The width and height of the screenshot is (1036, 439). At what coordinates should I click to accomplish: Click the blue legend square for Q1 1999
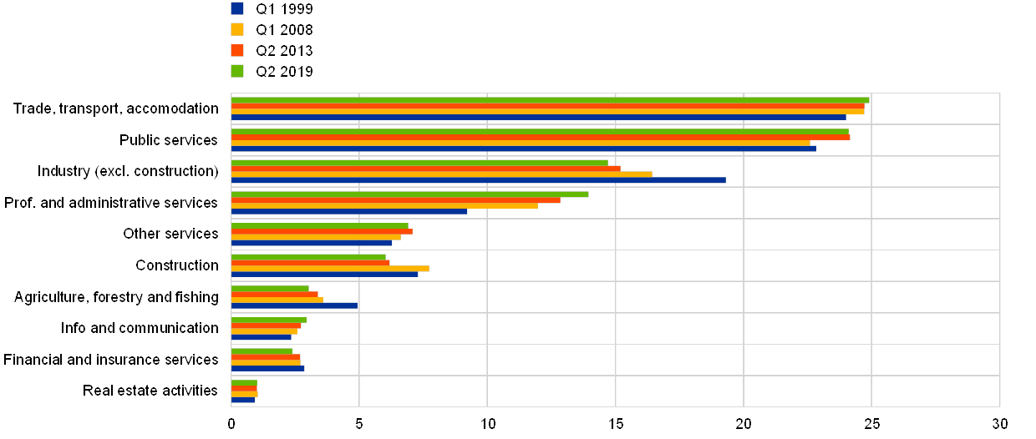(237, 8)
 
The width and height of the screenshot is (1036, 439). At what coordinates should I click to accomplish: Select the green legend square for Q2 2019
(237, 71)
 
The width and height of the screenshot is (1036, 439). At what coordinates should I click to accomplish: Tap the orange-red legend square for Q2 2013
(237, 50)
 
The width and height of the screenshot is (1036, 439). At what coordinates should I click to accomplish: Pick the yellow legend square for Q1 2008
(237, 29)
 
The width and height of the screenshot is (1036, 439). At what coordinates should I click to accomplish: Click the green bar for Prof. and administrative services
(409, 194)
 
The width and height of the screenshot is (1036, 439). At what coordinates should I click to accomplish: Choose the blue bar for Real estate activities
(243, 400)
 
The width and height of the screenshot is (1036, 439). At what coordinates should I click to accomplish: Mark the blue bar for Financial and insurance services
(267, 368)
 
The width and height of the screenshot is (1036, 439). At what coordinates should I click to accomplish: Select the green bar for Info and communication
(268, 320)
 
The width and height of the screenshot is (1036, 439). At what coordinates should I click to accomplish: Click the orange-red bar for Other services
(322, 231)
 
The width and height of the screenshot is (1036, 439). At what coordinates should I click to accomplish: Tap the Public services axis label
(171, 140)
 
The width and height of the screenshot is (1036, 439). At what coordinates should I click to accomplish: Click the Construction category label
(177, 265)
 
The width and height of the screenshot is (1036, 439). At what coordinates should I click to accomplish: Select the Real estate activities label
(152, 391)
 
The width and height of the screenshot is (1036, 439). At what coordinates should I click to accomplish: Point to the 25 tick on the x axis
(871, 423)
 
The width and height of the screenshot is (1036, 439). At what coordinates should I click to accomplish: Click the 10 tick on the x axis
(487, 423)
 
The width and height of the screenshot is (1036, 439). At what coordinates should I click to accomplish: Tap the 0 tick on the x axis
(231, 423)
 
